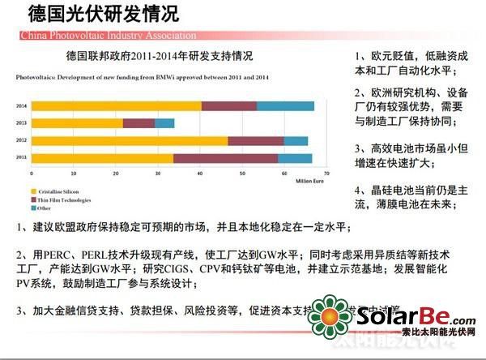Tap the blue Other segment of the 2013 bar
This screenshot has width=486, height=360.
click(164, 123)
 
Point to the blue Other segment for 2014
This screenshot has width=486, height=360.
click(285, 106)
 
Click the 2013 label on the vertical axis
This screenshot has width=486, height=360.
click(22, 123)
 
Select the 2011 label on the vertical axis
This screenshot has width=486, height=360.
click(22, 158)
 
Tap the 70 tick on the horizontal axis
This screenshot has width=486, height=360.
click(326, 174)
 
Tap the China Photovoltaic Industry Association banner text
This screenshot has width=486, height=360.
click(97, 36)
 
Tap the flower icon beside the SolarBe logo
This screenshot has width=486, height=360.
click(331, 322)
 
